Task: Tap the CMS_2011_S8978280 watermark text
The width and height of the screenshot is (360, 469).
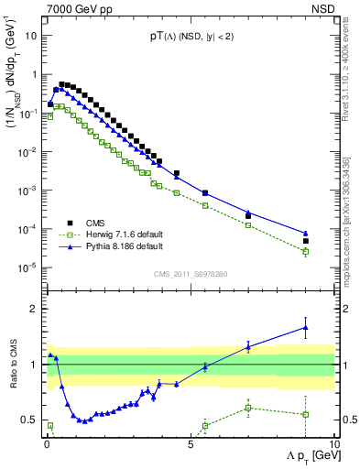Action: [191, 272]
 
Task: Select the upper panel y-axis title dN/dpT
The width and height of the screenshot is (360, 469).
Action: [15, 78]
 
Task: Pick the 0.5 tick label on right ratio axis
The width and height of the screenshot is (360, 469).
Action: [347, 420]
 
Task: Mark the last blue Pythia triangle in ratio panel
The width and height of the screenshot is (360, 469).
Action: [306, 327]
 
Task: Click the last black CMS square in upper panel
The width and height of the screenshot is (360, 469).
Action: [306, 241]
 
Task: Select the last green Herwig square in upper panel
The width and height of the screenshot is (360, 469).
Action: [306, 251]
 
